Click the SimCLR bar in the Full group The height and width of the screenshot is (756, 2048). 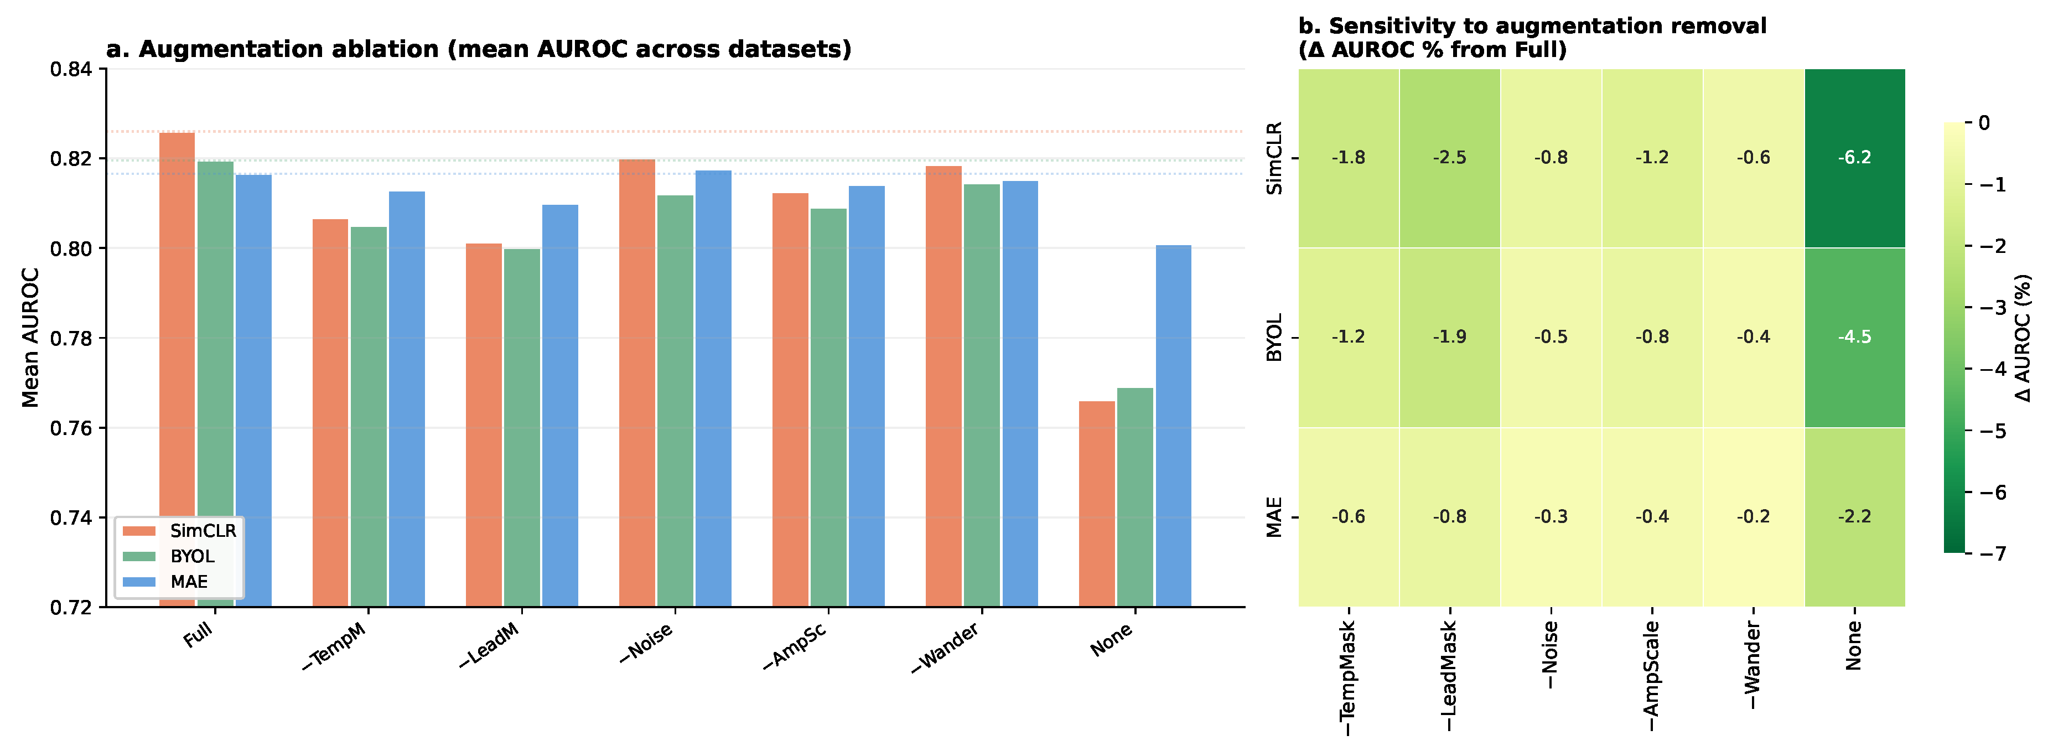point(177,370)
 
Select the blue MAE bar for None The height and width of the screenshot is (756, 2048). point(1174,426)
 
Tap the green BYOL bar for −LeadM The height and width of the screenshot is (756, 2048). point(521,428)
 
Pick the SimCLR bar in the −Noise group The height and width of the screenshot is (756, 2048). point(637,383)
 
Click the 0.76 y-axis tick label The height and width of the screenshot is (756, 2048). point(71,428)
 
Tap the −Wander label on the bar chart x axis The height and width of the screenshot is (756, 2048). point(945,648)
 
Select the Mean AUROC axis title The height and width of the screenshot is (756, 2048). point(30,338)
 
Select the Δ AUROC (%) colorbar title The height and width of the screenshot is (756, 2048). point(2023,338)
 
